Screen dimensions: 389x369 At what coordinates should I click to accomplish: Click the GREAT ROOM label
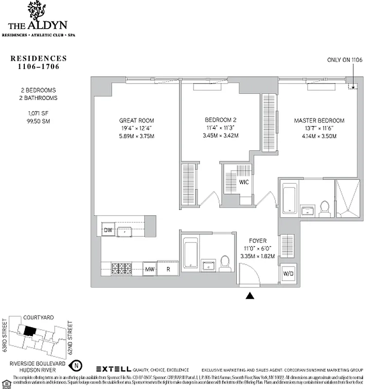point(137,121)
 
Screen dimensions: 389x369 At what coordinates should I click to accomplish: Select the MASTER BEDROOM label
point(319,121)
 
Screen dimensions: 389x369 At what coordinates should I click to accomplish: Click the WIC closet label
point(244,182)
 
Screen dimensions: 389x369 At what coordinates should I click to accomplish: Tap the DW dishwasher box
point(107,230)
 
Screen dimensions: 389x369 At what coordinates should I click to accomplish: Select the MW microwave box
point(150,268)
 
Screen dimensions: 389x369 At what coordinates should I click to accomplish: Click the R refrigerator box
point(167,268)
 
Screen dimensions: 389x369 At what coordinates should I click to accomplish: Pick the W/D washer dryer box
point(288,273)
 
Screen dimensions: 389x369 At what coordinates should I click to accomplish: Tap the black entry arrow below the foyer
point(250,295)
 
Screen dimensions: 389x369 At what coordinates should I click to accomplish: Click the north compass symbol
point(76,365)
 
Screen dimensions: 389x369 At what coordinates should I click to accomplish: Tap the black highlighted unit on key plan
point(30,331)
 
